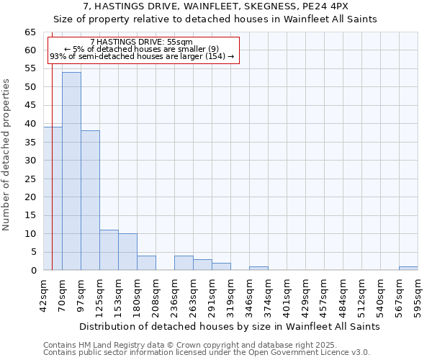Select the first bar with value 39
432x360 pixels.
click(x=53, y=199)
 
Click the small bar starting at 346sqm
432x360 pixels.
click(x=258, y=269)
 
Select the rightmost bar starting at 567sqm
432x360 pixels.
click(x=408, y=269)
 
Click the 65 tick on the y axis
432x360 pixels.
click(x=30, y=32)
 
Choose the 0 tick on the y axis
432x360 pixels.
click(x=32, y=271)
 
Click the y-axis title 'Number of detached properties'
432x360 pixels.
click(x=6, y=155)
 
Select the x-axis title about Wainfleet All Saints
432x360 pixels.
click(x=229, y=326)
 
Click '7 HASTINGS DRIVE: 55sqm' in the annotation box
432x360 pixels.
click(x=142, y=42)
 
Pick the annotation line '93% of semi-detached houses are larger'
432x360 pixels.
click(x=142, y=56)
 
